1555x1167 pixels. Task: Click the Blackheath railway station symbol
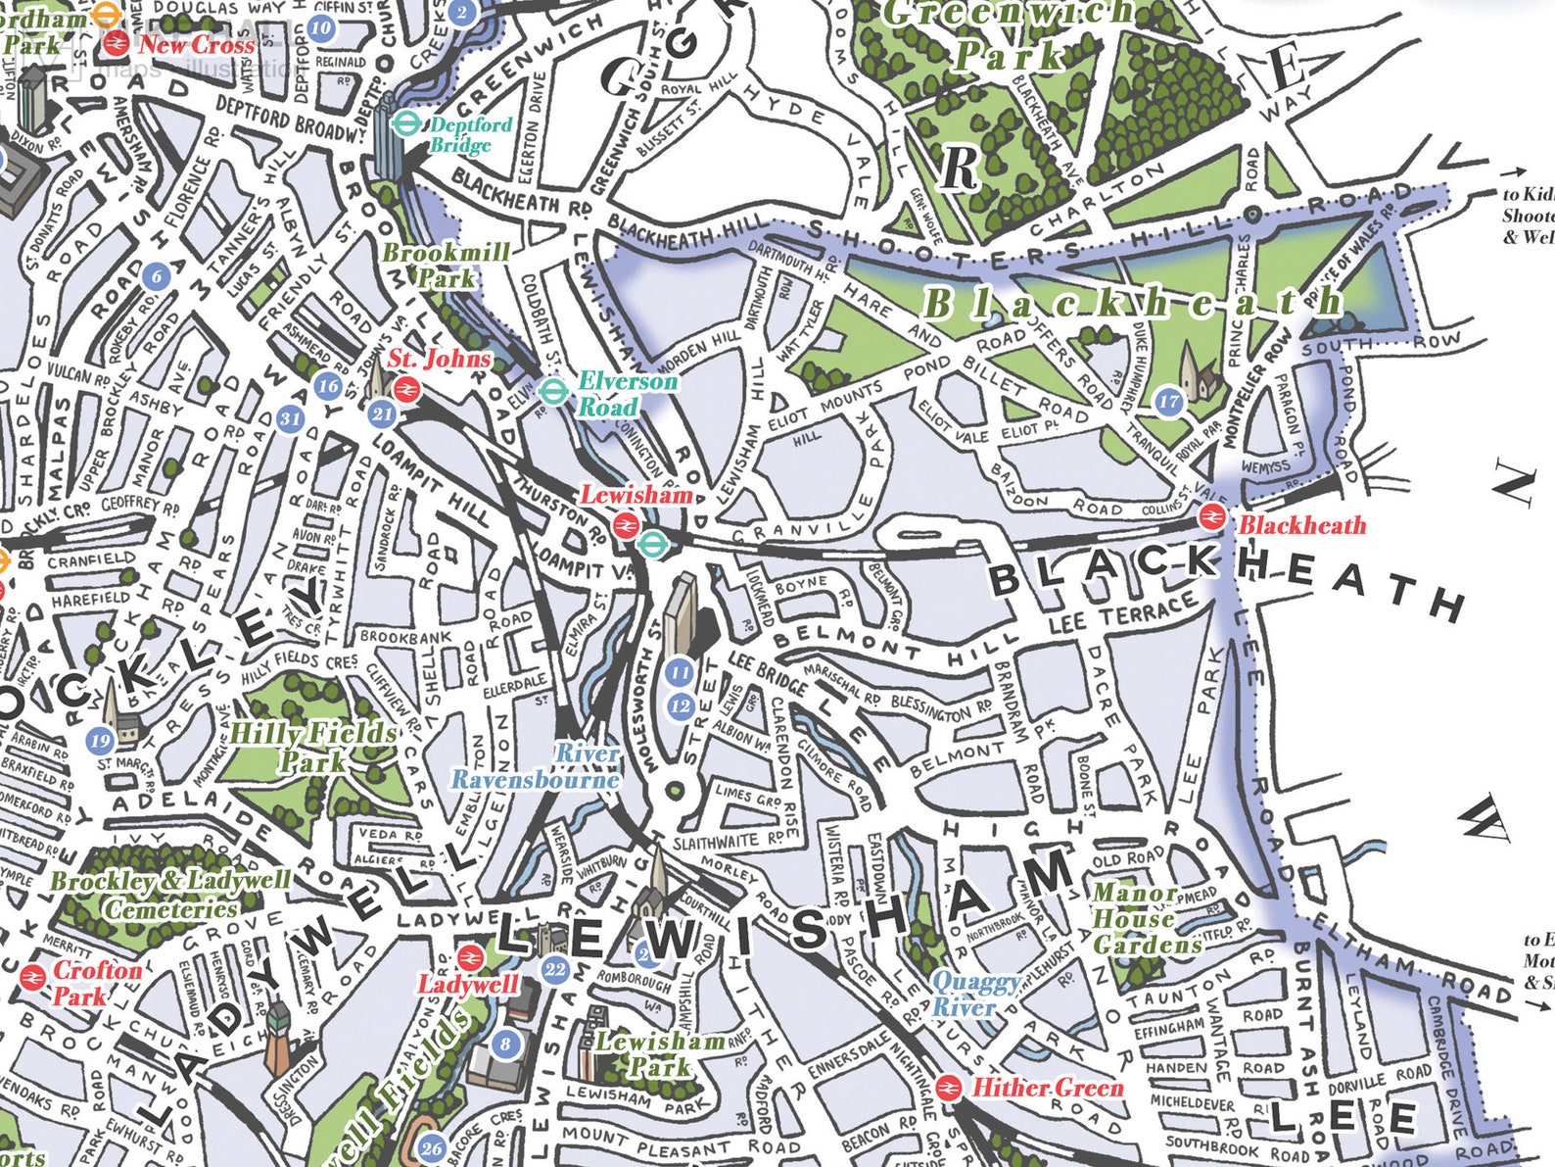[1212, 516]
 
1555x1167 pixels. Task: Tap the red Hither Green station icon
[947, 1087]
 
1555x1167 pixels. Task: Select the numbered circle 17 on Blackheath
[1169, 402]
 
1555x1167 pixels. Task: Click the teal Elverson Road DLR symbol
[553, 392]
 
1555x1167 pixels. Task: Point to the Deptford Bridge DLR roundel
[404, 124]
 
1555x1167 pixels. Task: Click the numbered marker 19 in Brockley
[100, 740]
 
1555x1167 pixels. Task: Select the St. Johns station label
[439, 359]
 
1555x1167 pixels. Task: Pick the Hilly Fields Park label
[312, 747]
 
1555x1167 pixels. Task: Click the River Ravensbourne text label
[537, 766]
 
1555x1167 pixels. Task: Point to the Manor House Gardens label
[1144, 919]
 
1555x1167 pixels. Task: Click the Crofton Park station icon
[32, 977]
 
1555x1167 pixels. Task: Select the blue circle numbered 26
[433, 1148]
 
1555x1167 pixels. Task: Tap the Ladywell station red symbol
[470, 957]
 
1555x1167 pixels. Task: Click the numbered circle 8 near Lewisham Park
[505, 1044]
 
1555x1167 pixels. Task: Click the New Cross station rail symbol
[116, 42]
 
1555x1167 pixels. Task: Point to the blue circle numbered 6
[157, 276]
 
